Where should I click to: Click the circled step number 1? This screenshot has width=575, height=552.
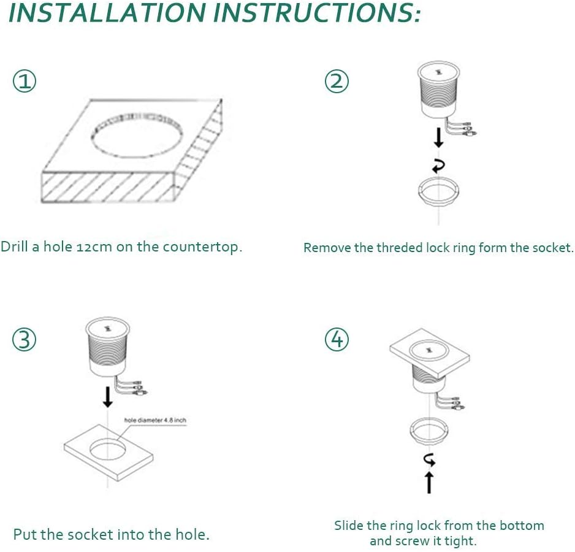[x=25, y=81]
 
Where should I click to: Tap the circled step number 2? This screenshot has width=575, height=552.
[x=337, y=81]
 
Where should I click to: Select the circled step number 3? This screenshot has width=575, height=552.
[x=24, y=339]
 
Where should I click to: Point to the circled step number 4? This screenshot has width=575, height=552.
[x=337, y=339]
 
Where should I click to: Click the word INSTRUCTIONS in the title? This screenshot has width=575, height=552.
[x=317, y=12]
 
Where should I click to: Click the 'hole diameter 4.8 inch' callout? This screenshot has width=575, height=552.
[x=155, y=420]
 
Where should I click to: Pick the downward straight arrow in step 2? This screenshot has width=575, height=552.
[x=438, y=137]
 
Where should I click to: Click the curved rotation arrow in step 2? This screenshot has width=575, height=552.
[x=438, y=166]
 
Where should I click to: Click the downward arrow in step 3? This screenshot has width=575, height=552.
[x=107, y=397]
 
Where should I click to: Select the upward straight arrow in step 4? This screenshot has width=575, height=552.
[x=429, y=482]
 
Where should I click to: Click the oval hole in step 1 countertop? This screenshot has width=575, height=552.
[x=137, y=136]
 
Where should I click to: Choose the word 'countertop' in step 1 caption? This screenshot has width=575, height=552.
[x=200, y=247]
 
